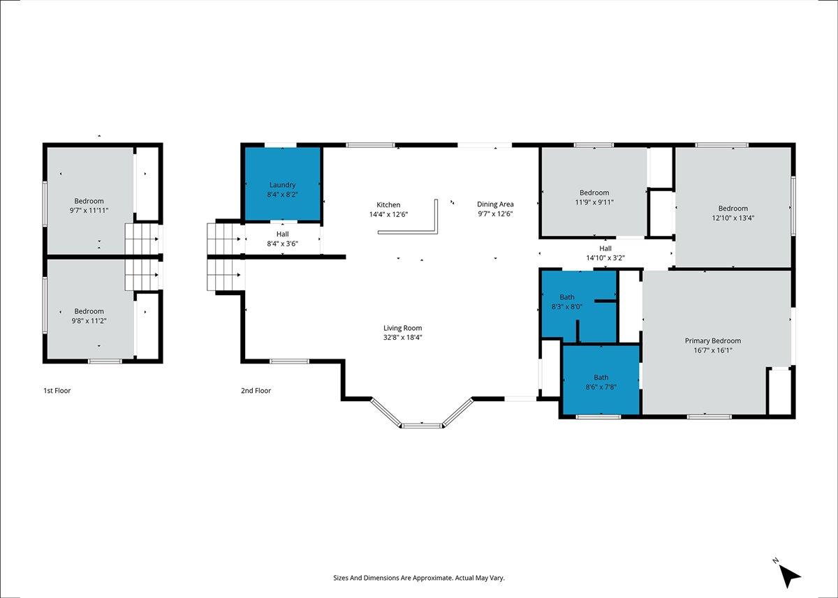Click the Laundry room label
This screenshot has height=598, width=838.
click(x=282, y=185)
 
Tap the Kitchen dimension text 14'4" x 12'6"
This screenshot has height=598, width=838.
click(x=388, y=214)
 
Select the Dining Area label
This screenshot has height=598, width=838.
click(x=495, y=204)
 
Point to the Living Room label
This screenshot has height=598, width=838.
click(x=402, y=328)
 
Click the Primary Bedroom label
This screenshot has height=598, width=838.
click(x=713, y=341)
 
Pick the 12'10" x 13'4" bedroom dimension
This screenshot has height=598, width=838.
click(x=733, y=218)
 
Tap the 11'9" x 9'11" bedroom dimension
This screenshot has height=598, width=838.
click(x=594, y=202)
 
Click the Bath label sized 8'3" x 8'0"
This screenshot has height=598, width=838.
click(x=567, y=297)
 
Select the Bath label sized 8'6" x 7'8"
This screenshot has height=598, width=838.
click(x=601, y=378)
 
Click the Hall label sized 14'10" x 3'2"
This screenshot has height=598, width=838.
click(x=605, y=248)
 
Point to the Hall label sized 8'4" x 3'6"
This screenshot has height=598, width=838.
click(x=282, y=234)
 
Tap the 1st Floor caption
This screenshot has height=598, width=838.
click(x=57, y=391)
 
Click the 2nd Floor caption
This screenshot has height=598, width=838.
click(x=256, y=391)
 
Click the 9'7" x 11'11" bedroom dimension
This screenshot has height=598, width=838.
click(x=89, y=211)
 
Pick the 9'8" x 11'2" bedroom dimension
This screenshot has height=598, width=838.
click(x=89, y=321)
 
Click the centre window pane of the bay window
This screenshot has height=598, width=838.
click(x=422, y=426)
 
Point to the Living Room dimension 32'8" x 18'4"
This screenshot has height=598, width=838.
click(x=402, y=338)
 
